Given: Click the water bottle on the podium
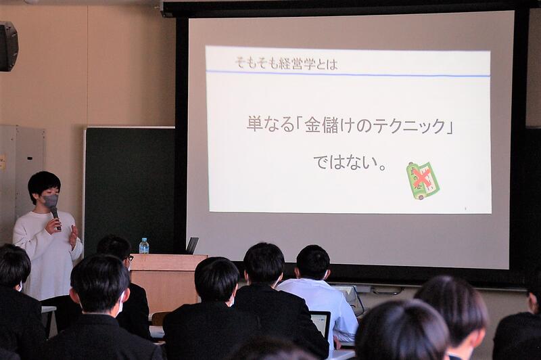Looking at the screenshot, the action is tap(144, 246).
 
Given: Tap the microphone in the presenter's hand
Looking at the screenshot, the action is tap(56, 218).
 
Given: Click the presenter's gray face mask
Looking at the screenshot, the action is tap(50, 201).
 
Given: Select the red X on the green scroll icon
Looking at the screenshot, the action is tap(421, 177).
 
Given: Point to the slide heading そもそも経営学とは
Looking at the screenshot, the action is tap(286, 64).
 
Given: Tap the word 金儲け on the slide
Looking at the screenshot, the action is tap(323, 125).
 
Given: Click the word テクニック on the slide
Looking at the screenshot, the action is tap(409, 126).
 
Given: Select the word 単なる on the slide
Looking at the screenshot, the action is tap(270, 125).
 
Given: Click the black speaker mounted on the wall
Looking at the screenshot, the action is tap(8, 46).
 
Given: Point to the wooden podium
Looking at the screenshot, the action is tap(166, 283).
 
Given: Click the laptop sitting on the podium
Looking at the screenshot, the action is tap(192, 246).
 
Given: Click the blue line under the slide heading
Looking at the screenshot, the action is tap(348, 74).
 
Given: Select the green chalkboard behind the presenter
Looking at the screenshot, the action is tap(130, 190).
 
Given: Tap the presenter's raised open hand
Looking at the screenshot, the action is tap(74, 235).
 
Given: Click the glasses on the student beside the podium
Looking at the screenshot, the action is tap(131, 258).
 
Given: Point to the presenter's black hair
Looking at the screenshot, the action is tap(43, 185).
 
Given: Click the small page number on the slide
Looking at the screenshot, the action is tap(465, 208).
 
